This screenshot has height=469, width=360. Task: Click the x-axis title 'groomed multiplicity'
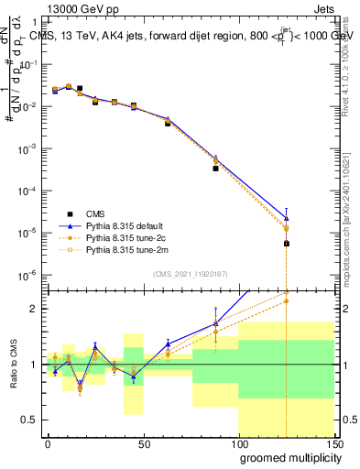[286, 456]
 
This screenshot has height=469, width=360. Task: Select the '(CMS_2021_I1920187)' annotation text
[190, 273]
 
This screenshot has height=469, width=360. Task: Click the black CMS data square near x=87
[215, 169]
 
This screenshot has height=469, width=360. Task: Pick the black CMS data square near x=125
[287, 244]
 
